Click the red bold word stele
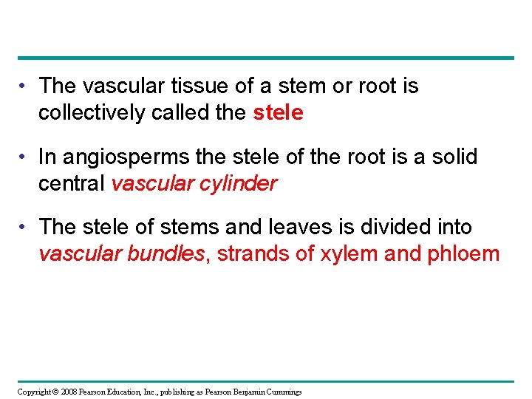(278, 112)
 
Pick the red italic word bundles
(166, 254)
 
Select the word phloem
(463, 254)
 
